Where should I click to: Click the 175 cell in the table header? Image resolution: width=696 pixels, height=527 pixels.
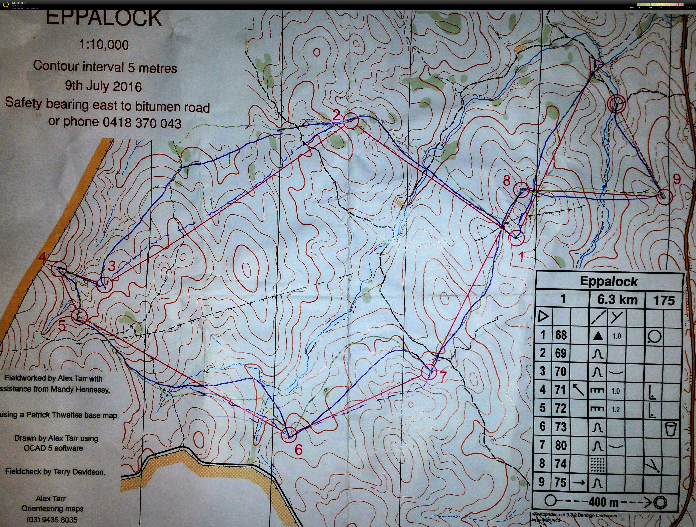coord(664,300)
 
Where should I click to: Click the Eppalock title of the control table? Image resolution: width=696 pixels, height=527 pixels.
coord(609,281)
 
